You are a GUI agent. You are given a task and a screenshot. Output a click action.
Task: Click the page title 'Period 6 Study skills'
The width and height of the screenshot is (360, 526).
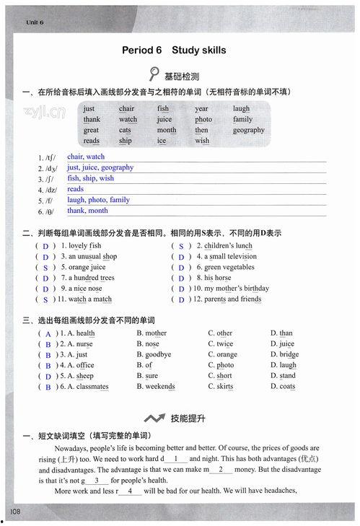click(x=174, y=51)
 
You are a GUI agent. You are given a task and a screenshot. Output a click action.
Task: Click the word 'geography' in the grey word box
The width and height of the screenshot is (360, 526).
click(x=249, y=131)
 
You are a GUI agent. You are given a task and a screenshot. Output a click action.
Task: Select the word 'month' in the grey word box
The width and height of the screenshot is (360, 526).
click(x=167, y=131)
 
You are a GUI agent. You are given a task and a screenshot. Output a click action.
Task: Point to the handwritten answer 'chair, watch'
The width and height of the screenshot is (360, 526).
click(x=86, y=157)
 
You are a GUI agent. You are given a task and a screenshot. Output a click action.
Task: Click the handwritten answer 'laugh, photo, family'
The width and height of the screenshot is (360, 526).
click(x=99, y=200)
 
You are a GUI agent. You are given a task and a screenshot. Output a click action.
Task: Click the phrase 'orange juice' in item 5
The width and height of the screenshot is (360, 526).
click(x=87, y=267)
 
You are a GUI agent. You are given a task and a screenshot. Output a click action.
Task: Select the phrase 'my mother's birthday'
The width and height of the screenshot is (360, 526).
click(x=236, y=289)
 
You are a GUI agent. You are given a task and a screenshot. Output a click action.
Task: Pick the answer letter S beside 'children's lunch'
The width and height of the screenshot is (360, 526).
click(x=181, y=246)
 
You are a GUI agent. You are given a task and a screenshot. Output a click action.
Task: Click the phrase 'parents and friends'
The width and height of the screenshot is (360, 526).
click(x=232, y=299)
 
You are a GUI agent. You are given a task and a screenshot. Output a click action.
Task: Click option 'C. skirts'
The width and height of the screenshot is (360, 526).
click(x=220, y=387)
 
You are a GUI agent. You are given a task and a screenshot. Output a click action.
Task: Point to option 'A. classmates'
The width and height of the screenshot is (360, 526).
click(x=84, y=387)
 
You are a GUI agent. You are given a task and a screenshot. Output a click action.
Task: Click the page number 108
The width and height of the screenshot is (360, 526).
click(x=14, y=512)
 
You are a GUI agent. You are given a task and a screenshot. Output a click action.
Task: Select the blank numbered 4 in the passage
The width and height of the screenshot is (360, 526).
click(x=130, y=491)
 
